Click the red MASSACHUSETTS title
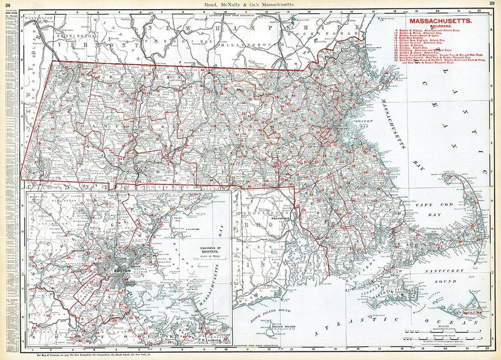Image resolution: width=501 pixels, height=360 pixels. coord(440,21)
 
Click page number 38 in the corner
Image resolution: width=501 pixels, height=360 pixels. coord(8,5)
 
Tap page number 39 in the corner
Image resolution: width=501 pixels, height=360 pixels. coord(492,4)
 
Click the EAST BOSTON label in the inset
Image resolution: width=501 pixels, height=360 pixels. coord(135,263)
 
